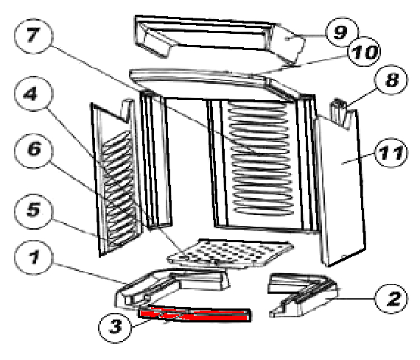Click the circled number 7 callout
[x=34, y=36]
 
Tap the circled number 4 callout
[x=34, y=94]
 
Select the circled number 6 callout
[x=34, y=151]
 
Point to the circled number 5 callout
[x=34, y=211]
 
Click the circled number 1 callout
[x=34, y=258]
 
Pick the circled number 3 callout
[x=115, y=327]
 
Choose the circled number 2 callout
[x=391, y=299]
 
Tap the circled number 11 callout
[x=391, y=153]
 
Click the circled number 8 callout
[x=391, y=80]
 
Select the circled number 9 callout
[x=342, y=32]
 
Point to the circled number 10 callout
[x=364, y=52]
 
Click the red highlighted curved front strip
[x=195, y=315]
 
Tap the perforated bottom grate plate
[x=231, y=253]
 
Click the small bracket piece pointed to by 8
[x=339, y=112]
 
